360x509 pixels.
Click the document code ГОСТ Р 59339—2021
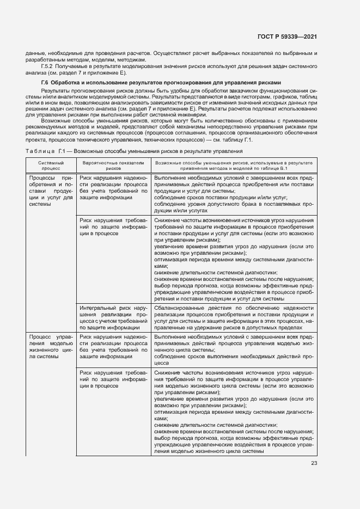[x=288, y=36]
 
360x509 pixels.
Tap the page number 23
[x=314, y=463]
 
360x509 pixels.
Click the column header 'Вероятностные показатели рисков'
[x=113, y=165]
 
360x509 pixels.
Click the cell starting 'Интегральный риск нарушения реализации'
[x=113, y=317]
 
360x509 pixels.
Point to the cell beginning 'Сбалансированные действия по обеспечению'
[x=234, y=317]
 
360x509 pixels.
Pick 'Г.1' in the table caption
[x=63, y=151]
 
